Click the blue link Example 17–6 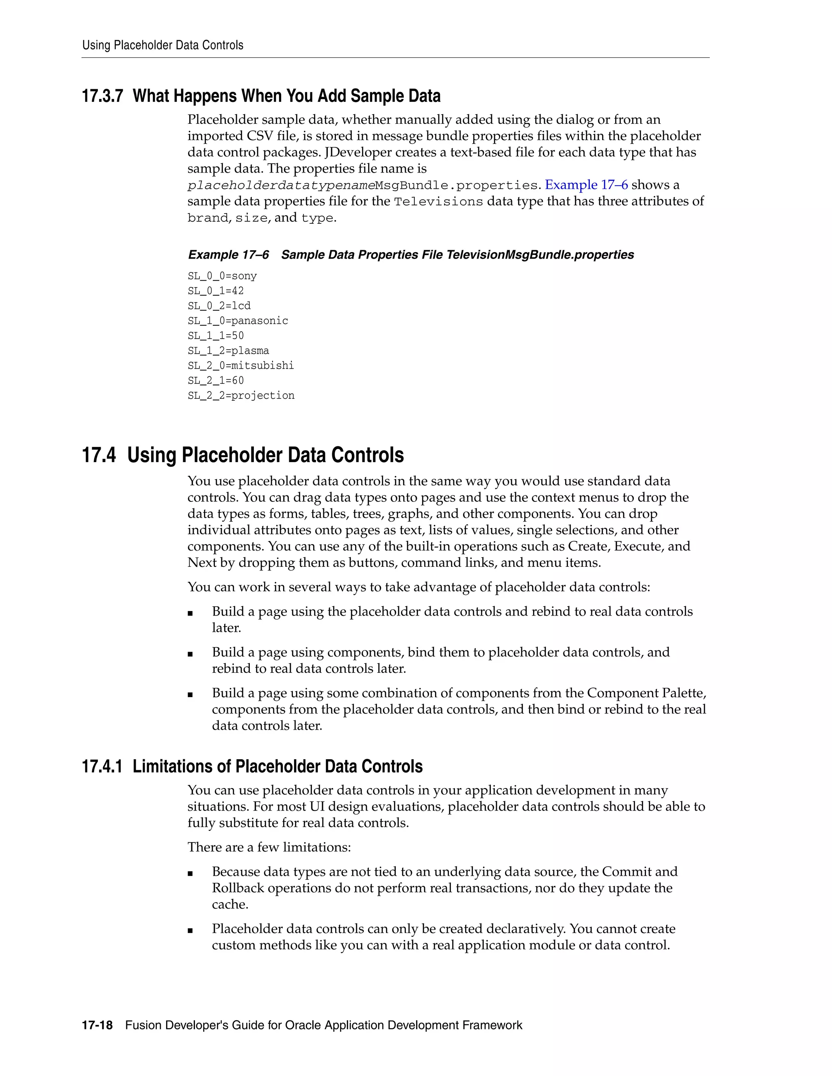(586, 185)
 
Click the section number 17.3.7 (102, 96)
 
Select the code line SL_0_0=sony (222, 276)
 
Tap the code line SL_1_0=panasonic (238, 321)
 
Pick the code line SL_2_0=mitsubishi (240, 365)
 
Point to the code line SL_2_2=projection (240, 395)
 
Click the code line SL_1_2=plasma (228, 351)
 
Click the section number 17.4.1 (102, 767)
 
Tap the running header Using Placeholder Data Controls (162, 45)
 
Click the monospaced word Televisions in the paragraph (438, 201)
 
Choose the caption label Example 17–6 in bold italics (228, 255)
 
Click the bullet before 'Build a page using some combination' (190, 695)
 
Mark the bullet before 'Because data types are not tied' (190, 873)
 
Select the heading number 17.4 (99, 455)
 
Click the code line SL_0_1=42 (215, 291)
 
